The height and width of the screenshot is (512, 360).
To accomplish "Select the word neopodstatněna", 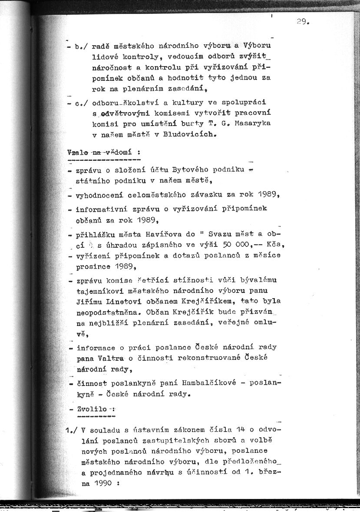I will click(104, 312).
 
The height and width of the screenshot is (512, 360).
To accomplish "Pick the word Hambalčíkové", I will click(219, 383).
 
